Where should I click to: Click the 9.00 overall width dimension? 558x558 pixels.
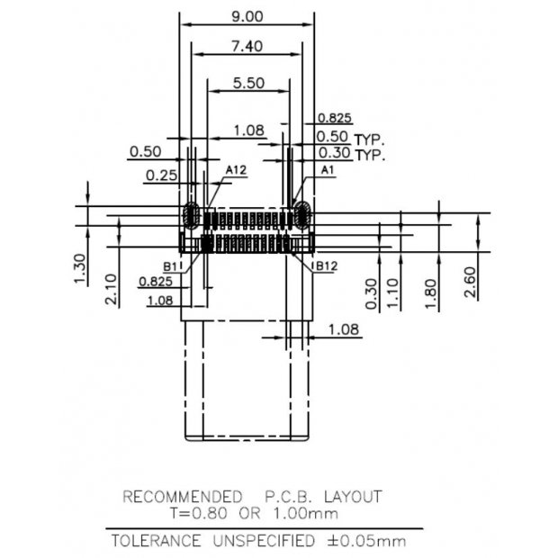click(x=247, y=15)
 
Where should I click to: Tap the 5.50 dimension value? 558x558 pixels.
click(x=248, y=83)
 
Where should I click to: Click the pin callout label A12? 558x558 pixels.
click(x=236, y=169)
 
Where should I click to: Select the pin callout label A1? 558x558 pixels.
click(x=328, y=169)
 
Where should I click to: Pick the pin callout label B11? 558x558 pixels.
click(x=173, y=267)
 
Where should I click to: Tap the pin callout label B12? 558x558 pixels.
click(x=324, y=267)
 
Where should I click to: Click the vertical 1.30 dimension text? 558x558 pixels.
click(x=78, y=268)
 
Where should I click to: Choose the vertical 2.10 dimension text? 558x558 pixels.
click(x=109, y=290)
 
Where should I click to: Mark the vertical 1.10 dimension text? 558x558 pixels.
click(x=391, y=293)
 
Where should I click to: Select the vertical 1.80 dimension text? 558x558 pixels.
click(x=431, y=293)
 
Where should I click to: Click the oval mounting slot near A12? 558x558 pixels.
click(x=191, y=216)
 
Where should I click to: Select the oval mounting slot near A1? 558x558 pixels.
click(x=302, y=216)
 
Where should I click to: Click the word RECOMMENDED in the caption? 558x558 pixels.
click(x=182, y=497)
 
